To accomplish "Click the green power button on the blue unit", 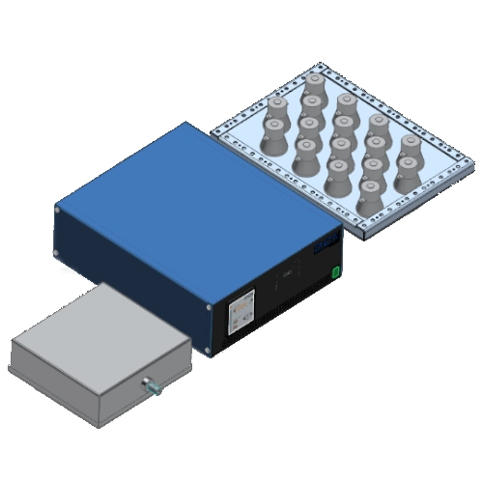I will tap(335, 272).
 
